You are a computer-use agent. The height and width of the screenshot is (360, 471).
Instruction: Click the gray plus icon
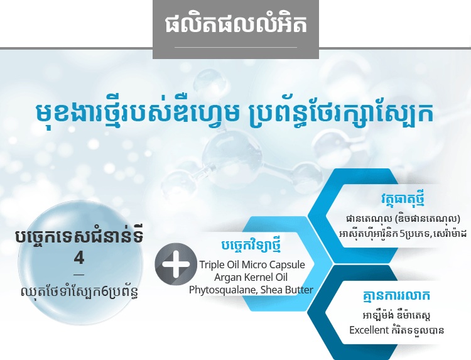point(176,264)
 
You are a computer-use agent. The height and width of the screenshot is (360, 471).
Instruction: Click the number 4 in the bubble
point(79,258)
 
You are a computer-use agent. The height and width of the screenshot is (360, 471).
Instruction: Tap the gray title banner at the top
point(235,29)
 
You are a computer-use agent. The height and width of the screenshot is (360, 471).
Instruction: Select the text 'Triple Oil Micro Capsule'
point(252,265)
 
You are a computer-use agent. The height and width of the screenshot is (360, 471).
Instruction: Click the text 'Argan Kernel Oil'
point(251,277)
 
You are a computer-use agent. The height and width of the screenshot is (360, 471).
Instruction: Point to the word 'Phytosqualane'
point(223,290)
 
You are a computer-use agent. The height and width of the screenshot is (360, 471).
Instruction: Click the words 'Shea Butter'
point(287,290)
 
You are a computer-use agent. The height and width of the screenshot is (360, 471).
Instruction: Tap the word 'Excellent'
point(369,330)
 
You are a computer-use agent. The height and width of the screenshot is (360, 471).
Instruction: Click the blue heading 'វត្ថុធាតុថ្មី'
point(403,199)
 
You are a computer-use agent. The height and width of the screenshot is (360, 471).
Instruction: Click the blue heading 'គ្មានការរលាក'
point(396,296)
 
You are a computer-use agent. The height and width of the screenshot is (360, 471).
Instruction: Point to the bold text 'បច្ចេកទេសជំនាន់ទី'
point(79,237)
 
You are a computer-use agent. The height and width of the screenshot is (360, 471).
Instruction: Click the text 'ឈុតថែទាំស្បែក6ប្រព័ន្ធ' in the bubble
point(80,292)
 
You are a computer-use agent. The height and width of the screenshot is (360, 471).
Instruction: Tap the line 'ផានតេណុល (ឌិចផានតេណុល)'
point(403,219)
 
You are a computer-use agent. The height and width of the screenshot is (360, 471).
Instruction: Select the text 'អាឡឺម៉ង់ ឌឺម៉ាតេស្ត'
point(397,315)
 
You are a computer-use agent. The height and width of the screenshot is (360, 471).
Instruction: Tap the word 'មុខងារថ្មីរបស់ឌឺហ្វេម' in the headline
point(138,112)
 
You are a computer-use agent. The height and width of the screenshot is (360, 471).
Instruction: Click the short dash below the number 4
point(79,275)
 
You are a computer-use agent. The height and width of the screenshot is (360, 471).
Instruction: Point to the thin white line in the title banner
point(235,47)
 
